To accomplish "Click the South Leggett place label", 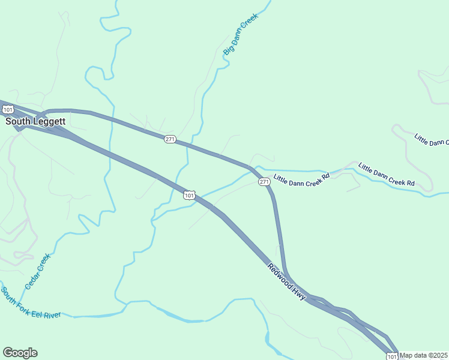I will (35, 121).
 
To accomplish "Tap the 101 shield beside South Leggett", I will (8, 109).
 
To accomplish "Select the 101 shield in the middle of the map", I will (190, 195).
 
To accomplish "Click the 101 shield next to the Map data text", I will (392, 356).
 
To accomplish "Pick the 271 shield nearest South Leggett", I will (170, 139).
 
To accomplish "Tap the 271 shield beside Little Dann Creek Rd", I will (264, 181).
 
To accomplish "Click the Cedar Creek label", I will (38, 271).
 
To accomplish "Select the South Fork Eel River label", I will (31, 304).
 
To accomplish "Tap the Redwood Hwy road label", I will (287, 282).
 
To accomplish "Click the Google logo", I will (20, 353).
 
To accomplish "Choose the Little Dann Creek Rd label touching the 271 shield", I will (302, 178).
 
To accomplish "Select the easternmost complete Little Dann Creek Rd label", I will (387, 174).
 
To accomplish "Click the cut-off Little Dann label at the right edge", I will (431, 140).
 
